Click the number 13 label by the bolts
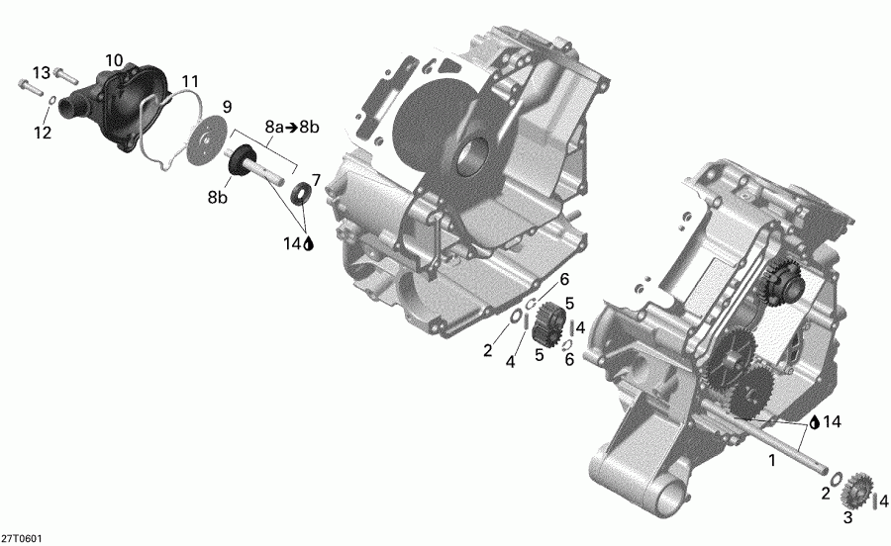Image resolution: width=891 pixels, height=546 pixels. point(41,72)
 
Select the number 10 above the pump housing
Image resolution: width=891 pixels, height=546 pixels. point(114,61)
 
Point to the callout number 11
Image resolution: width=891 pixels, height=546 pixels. point(189,80)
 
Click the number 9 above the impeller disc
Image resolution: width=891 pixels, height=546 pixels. point(226,106)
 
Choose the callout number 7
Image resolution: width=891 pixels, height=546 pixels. point(316,179)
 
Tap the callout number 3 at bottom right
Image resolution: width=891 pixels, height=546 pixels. point(846,517)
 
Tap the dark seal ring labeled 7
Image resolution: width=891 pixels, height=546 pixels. point(299,192)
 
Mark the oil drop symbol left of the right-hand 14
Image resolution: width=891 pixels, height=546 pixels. point(814,422)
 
